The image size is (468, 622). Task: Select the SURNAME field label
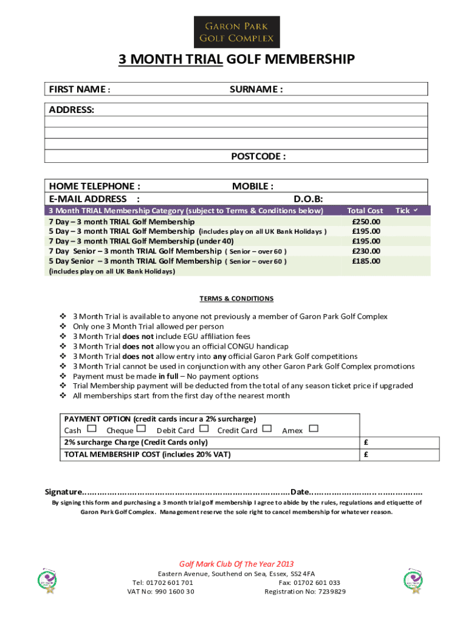click(x=256, y=90)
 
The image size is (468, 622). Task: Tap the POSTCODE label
click(x=258, y=157)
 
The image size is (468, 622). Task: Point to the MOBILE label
click(x=252, y=186)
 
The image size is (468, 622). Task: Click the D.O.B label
click(x=308, y=199)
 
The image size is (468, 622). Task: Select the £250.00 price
click(x=366, y=222)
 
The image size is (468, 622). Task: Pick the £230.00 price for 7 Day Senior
click(x=366, y=251)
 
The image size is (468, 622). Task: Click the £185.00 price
click(x=366, y=261)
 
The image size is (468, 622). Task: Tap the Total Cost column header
click(x=365, y=211)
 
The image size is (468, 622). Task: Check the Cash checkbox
click(x=92, y=429)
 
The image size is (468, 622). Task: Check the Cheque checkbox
click(x=142, y=429)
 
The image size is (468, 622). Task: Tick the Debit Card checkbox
click(x=204, y=429)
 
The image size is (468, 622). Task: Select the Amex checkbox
click(x=314, y=429)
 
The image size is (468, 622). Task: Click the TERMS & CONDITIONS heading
click(x=236, y=299)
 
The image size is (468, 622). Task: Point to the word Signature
click(x=63, y=492)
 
